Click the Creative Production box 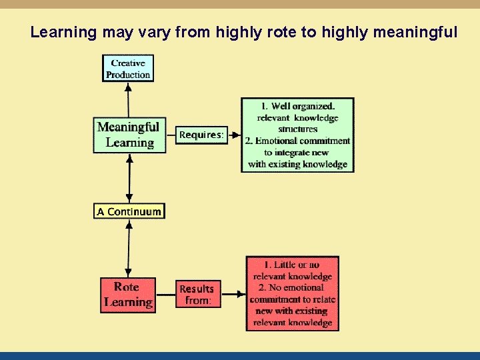pos(128,69)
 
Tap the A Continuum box pos(129,211)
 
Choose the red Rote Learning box pos(127,295)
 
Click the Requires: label pos(201,135)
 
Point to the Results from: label pos(197,295)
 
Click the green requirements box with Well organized pos(297,135)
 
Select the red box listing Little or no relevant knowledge pos(292,293)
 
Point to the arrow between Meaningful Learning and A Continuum pos(129,178)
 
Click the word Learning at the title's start pos(64,32)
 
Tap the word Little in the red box pos(287,265)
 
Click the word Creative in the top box pos(128,63)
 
